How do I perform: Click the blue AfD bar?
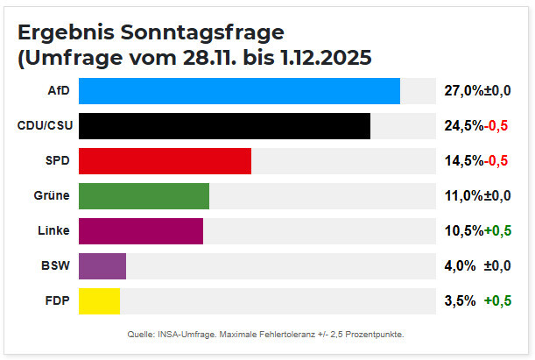(x=239, y=91)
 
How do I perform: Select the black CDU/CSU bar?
(x=224, y=126)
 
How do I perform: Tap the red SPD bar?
(x=165, y=161)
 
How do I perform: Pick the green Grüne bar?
(x=144, y=196)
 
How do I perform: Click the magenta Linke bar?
(x=141, y=231)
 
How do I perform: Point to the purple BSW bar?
(x=102, y=266)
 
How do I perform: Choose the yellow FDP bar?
(x=99, y=301)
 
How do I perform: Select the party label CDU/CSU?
(x=45, y=126)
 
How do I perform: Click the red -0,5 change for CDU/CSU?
(x=496, y=126)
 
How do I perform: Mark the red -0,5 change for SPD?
(x=496, y=161)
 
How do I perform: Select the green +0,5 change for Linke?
(x=497, y=231)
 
